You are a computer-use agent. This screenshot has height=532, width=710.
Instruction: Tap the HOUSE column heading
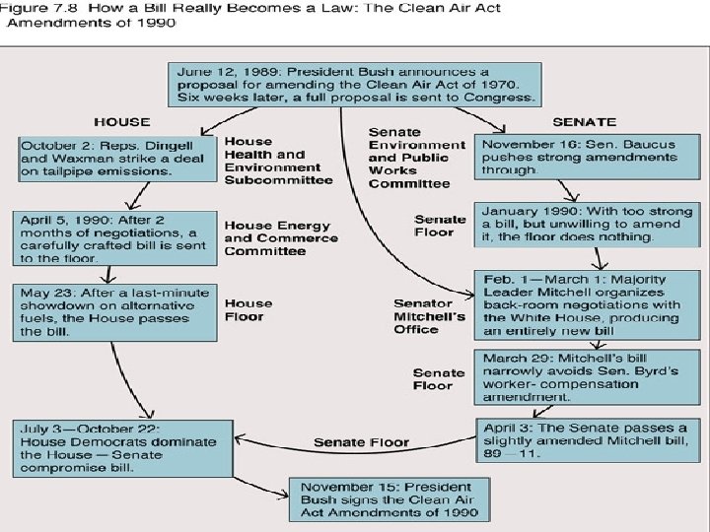click(121, 122)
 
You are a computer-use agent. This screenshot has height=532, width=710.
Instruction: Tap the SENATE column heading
click(585, 122)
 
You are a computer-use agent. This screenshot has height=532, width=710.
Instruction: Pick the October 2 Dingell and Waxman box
click(116, 158)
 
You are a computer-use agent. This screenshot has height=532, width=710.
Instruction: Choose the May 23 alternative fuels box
click(115, 312)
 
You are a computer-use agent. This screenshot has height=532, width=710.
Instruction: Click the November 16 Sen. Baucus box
click(587, 158)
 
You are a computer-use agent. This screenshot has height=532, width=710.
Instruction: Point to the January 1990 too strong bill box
click(586, 225)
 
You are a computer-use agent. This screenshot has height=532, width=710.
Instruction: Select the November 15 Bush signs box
click(389, 500)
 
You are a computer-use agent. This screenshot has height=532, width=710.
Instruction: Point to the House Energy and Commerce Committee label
click(280, 237)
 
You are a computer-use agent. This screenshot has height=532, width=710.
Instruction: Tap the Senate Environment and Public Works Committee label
click(409, 158)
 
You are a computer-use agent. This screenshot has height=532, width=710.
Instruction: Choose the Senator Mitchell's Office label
click(429, 316)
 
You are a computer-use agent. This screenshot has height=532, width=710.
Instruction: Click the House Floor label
click(245, 310)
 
